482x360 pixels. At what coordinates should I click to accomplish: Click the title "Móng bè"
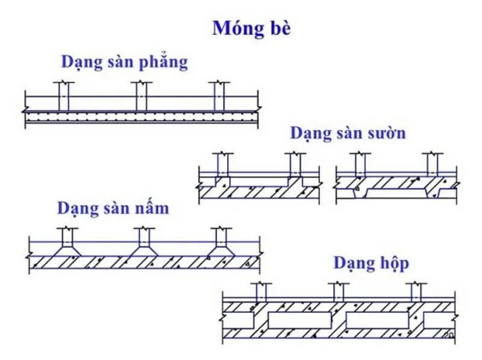tap(251, 29)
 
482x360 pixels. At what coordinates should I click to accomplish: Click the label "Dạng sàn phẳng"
tap(124, 62)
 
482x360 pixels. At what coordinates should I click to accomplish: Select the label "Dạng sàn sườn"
tap(348, 133)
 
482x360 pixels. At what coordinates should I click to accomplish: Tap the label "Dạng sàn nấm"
tap(113, 209)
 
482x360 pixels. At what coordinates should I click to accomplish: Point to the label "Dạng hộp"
tap(371, 263)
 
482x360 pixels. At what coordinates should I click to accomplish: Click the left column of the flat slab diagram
tap(63, 96)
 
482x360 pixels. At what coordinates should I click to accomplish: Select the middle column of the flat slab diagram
tap(140, 96)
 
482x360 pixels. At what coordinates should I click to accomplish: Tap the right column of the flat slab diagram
tap(220, 96)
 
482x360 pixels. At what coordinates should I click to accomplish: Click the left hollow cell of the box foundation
tap(300, 320)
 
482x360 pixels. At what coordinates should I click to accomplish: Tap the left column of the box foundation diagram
tap(261, 294)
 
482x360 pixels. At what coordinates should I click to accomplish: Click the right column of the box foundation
tap(416, 294)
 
